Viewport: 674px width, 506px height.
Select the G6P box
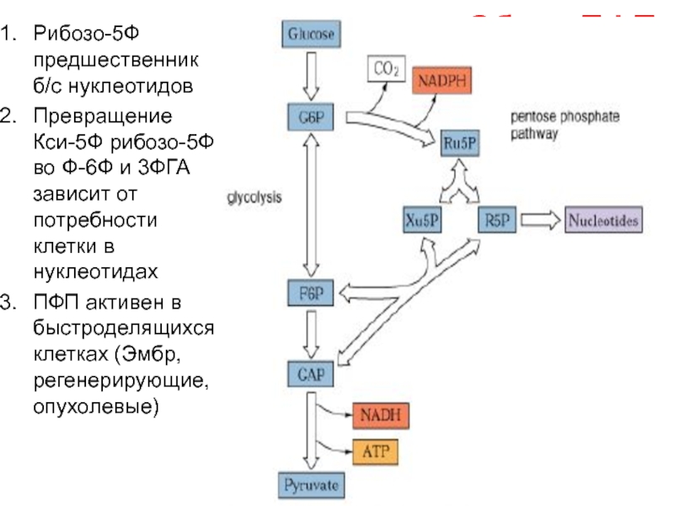pos(312,117)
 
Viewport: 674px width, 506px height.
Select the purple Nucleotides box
pos(604,221)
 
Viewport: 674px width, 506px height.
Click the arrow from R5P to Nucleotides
pos(540,221)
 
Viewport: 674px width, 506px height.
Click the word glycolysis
pos(254,198)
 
